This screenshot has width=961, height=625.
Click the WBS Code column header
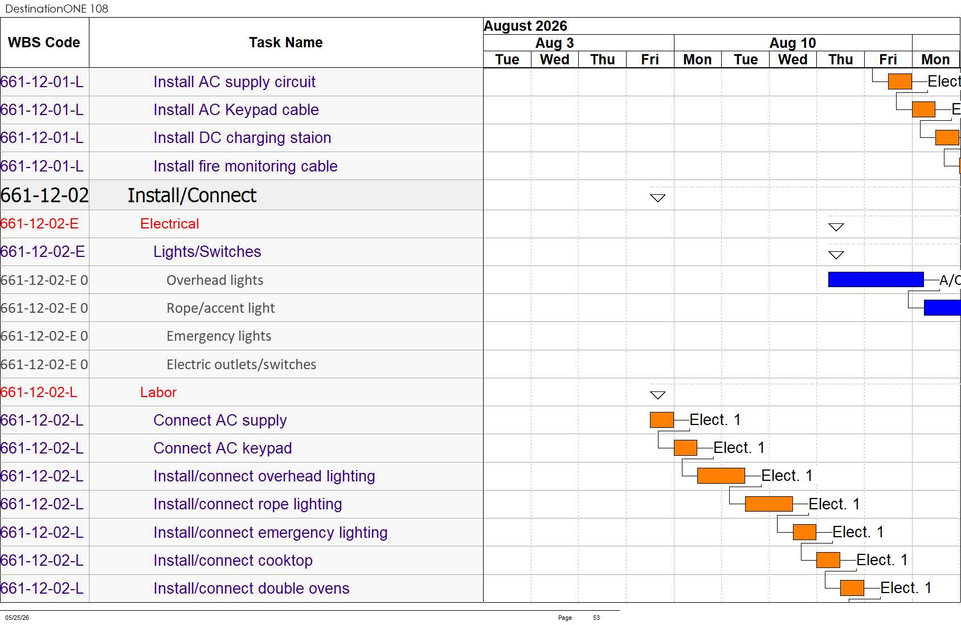(44, 43)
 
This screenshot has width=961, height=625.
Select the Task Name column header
(286, 43)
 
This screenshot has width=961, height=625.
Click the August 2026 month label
(525, 26)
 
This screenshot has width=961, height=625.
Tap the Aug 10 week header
(792, 43)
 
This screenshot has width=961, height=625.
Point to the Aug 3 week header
(554, 43)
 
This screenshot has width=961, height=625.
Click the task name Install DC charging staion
(243, 138)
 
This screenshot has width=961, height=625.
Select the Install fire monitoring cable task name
(246, 166)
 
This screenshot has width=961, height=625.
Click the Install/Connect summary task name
(192, 195)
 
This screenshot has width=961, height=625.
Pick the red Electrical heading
(169, 223)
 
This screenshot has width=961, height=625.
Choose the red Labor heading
(158, 392)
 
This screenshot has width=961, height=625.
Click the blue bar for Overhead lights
(876, 279)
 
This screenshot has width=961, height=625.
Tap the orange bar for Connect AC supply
(661, 419)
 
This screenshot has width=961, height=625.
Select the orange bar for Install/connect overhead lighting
(721, 476)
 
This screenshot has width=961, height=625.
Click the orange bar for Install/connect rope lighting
(769, 504)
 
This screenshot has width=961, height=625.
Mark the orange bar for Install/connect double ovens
(852, 587)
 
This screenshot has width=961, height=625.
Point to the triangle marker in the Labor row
(658, 395)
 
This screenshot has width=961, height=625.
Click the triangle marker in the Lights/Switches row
(836, 255)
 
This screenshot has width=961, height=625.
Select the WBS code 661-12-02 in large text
(44, 195)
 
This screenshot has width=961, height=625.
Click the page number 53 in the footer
(596, 618)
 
